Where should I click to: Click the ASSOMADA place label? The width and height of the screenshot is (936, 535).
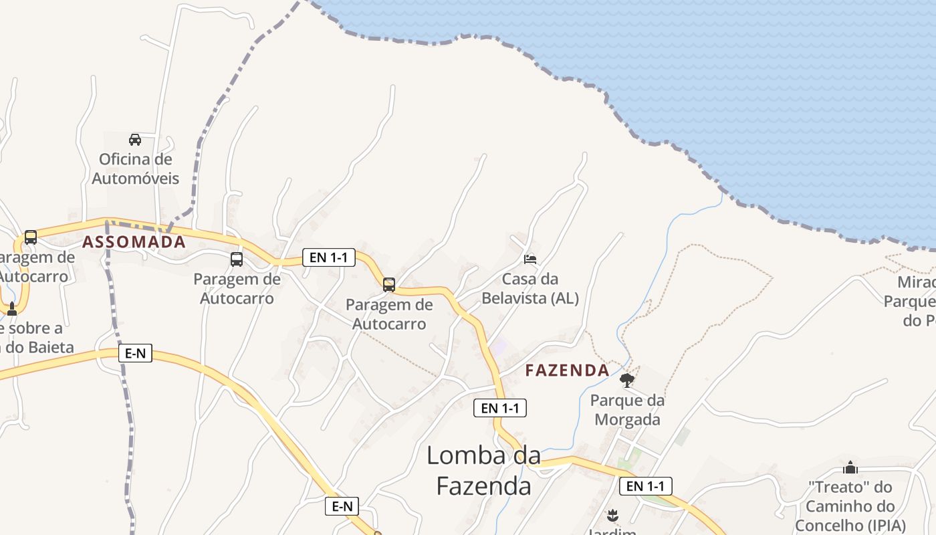click(134, 242)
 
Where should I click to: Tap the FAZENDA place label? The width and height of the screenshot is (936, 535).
click(567, 370)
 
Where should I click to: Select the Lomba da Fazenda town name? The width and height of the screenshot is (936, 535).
click(483, 471)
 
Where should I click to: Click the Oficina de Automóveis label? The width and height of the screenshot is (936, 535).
click(136, 169)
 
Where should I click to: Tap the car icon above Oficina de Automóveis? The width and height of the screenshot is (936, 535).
click(135, 140)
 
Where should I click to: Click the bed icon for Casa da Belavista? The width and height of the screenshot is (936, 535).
click(530, 259)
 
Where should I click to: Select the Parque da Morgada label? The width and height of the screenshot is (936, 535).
click(627, 410)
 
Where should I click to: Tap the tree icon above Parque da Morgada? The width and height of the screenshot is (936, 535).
click(627, 381)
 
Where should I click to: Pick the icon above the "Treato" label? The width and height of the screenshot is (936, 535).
click(850, 467)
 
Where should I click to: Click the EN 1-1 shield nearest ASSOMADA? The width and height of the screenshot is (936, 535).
click(328, 257)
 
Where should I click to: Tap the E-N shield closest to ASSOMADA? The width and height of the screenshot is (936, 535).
click(135, 354)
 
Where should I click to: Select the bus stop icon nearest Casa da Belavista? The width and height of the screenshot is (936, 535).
click(389, 285)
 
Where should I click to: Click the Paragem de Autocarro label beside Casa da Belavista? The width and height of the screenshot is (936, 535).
click(389, 314)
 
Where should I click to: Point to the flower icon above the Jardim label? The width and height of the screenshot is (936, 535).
click(612, 516)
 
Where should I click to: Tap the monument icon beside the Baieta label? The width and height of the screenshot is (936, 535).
click(11, 308)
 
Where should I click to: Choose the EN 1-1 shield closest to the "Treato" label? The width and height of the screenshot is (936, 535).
click(645, 486)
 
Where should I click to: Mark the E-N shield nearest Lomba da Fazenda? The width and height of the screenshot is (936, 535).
click(342, 506)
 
